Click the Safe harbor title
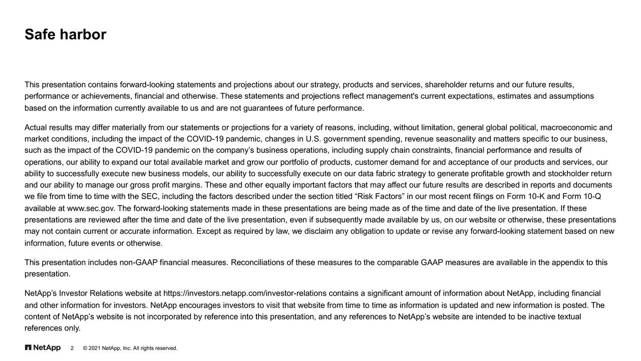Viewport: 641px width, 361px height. coord(65,35)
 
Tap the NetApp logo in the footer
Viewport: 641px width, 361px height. coord(43,348)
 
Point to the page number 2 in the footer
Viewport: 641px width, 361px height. coord(72,348)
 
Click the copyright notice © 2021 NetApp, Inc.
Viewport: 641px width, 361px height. coord(130,348)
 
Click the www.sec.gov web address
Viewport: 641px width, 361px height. coord(91,208)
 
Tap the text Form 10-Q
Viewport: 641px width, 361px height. coord(582,196)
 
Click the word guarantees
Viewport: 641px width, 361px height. coord(263,108)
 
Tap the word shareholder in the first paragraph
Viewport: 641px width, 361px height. coord(447,84)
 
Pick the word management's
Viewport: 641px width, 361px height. coord(386,96)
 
